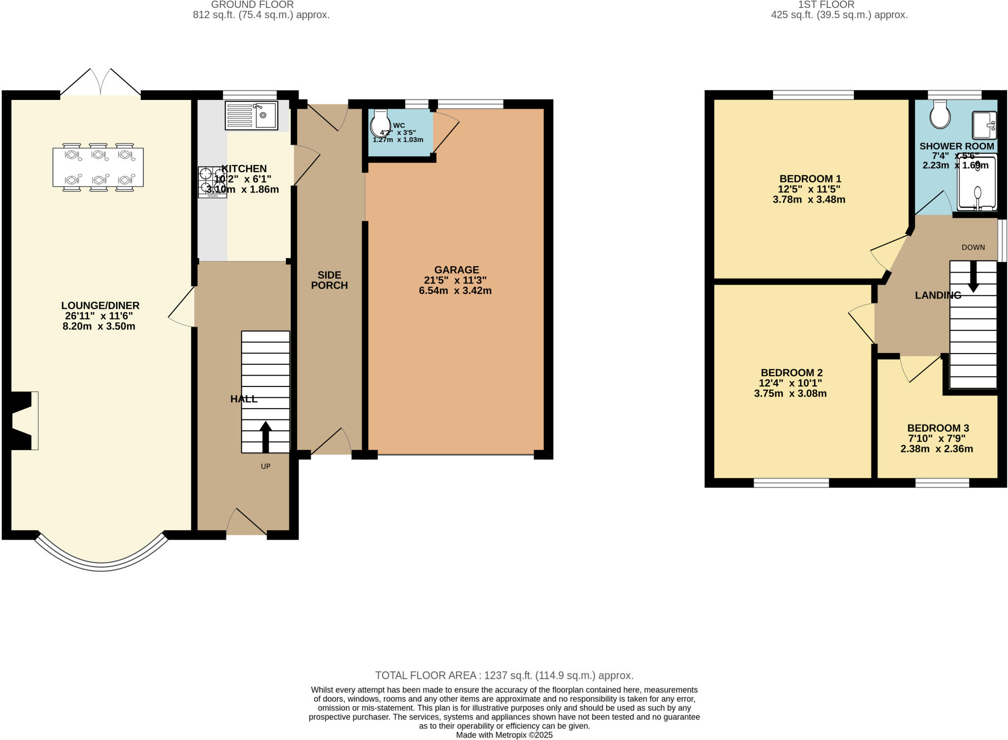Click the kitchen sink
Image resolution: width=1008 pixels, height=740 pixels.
coord(252,115)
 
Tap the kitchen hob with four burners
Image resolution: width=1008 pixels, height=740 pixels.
coord(212,182)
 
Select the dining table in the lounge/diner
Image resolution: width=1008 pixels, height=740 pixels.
coord(98,167)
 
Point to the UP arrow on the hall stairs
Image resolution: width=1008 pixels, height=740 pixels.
coord(265,436)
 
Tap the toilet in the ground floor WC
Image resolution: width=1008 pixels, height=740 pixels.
coord(379,123)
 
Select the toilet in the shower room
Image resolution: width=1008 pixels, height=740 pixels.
coord(940,115)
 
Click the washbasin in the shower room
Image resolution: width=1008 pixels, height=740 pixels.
coord(984,125)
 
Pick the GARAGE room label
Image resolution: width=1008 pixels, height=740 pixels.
coord(456,270)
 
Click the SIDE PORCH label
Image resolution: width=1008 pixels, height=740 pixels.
coord(329,280)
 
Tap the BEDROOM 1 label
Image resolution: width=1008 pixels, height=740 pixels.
coord(810,179)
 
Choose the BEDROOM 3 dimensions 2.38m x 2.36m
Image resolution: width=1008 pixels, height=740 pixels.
coord(936,449)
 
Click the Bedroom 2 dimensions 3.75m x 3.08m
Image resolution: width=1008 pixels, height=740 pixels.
coord(790,394)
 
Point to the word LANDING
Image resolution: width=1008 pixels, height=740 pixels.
coord(938,295)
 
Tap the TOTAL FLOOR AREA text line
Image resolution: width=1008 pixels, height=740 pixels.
coord(504,676)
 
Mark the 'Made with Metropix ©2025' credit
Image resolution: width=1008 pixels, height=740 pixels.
coord(504,735)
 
